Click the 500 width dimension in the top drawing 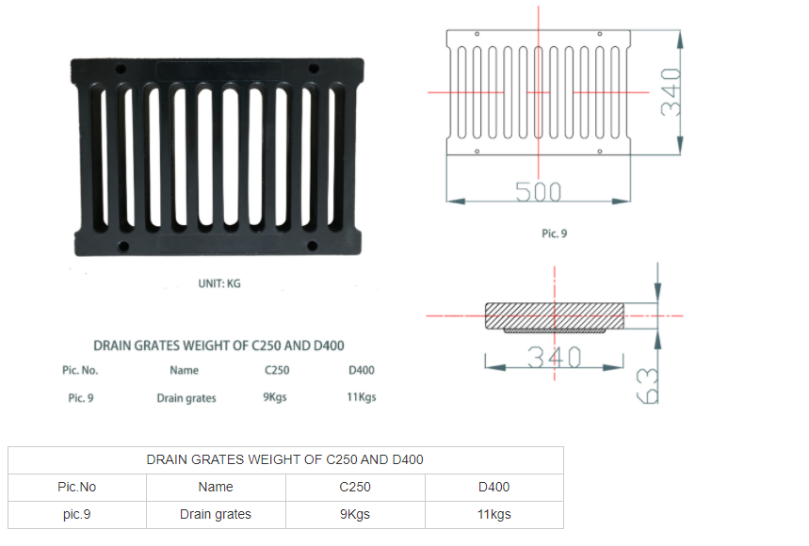tap(538, 191)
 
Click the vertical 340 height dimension tap(671, 91)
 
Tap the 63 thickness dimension tap(648, 386)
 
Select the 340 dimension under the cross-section tap(554, 357)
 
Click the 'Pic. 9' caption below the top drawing tap(554, 233)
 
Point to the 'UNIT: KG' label tap(219, 283)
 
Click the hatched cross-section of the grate tap(554, 316)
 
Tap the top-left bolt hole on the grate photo tap(121, 69)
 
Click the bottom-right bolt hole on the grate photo tap(312, 246)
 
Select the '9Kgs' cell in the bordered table tap(355, 515)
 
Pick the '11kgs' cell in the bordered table tap(494, 515)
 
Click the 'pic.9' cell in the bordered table tap(77, 515)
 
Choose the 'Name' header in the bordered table tap(216, 488)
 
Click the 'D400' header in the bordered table tap(494, 488)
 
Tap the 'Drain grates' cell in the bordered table tap(216, 515)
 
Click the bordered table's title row tap(285, 460)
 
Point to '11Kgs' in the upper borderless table tap(361, 397)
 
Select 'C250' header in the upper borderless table tap(277, 370)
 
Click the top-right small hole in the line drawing tap(600, 34)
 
